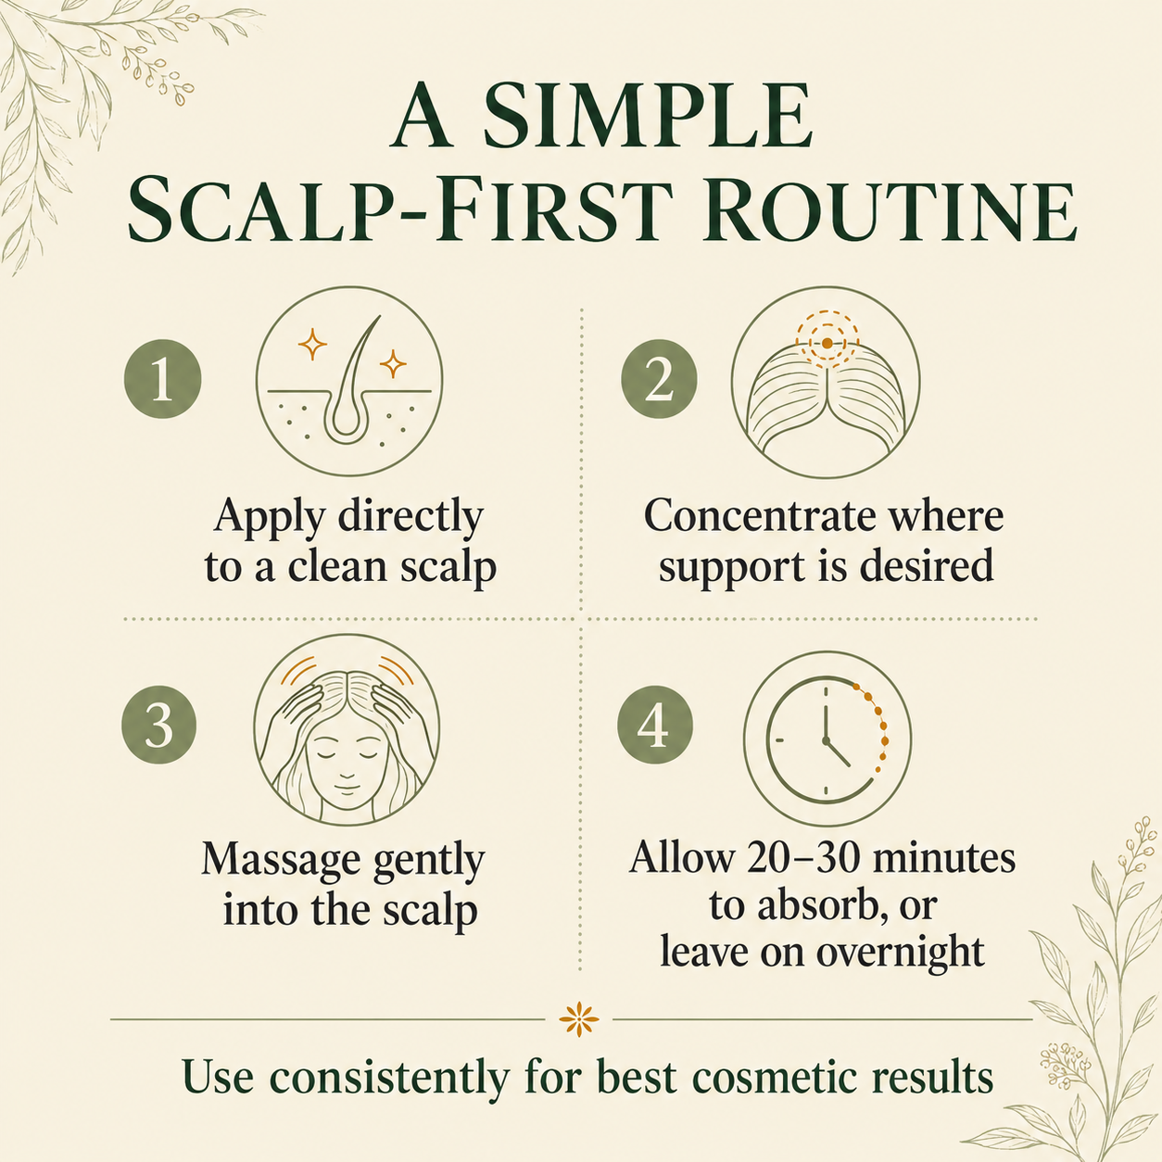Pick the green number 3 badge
(159, 726)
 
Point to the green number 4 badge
(655, 726)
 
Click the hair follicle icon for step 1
(349, 381)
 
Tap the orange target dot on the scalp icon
(827, 343)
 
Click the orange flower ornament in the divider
(579, 1019)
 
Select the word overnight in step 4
(901, 954)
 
